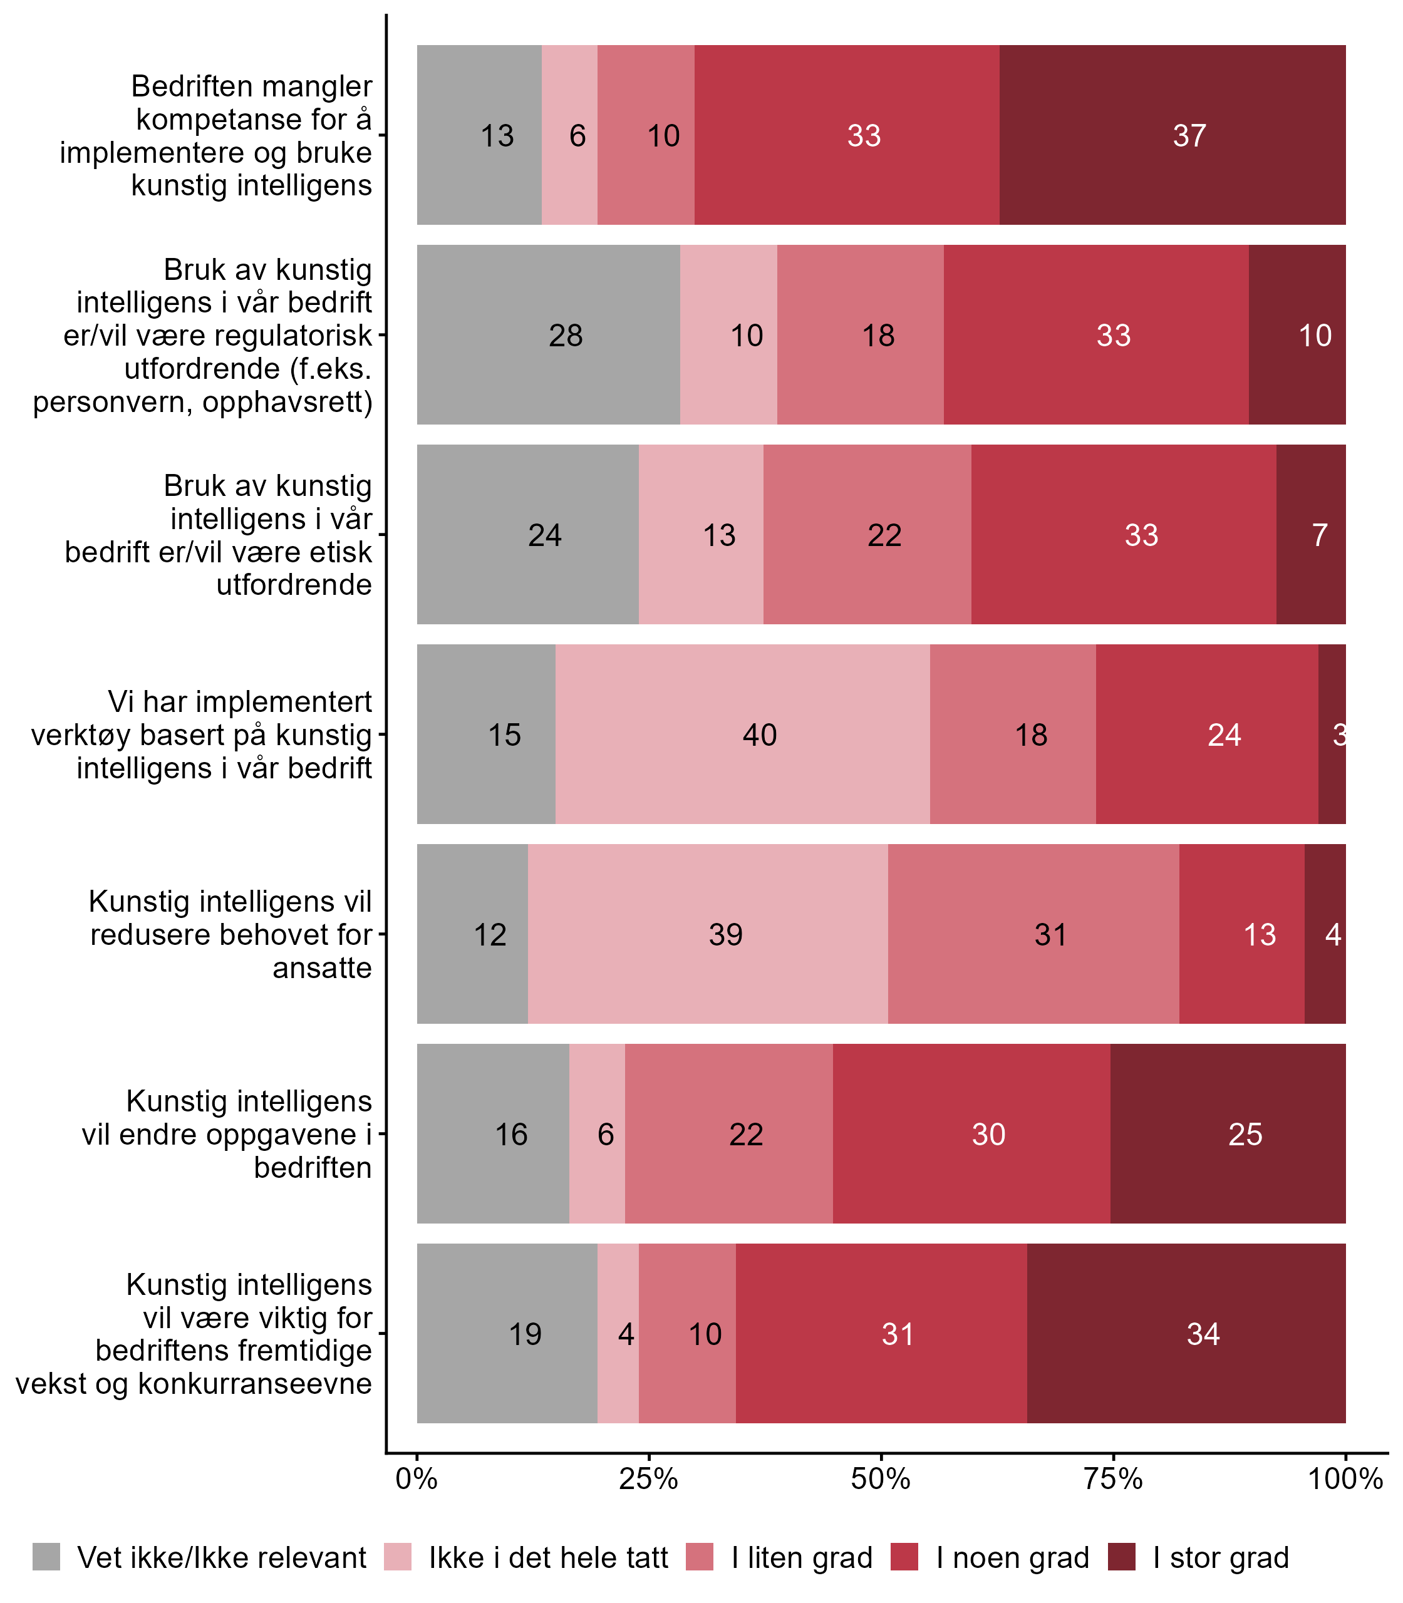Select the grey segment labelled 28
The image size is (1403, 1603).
point(548,335)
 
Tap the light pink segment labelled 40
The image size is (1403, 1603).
point(742,734)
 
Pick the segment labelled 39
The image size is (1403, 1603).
point(708,934)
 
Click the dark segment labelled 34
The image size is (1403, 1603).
point(1186,1334)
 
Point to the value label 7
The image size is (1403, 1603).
point(1319,535)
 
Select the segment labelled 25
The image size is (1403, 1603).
point(1228,1134)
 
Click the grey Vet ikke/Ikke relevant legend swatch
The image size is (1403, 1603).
point(46,1558)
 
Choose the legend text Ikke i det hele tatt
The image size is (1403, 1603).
point(548,1559)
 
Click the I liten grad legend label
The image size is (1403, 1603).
point(802,1559)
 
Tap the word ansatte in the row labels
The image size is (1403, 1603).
point(322,968)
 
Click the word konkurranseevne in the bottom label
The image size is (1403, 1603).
point(254,1384)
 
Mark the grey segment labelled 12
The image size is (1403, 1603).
point(472,934)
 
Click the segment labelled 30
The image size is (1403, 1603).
point(971,1134)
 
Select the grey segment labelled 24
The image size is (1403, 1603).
point(527,535)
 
